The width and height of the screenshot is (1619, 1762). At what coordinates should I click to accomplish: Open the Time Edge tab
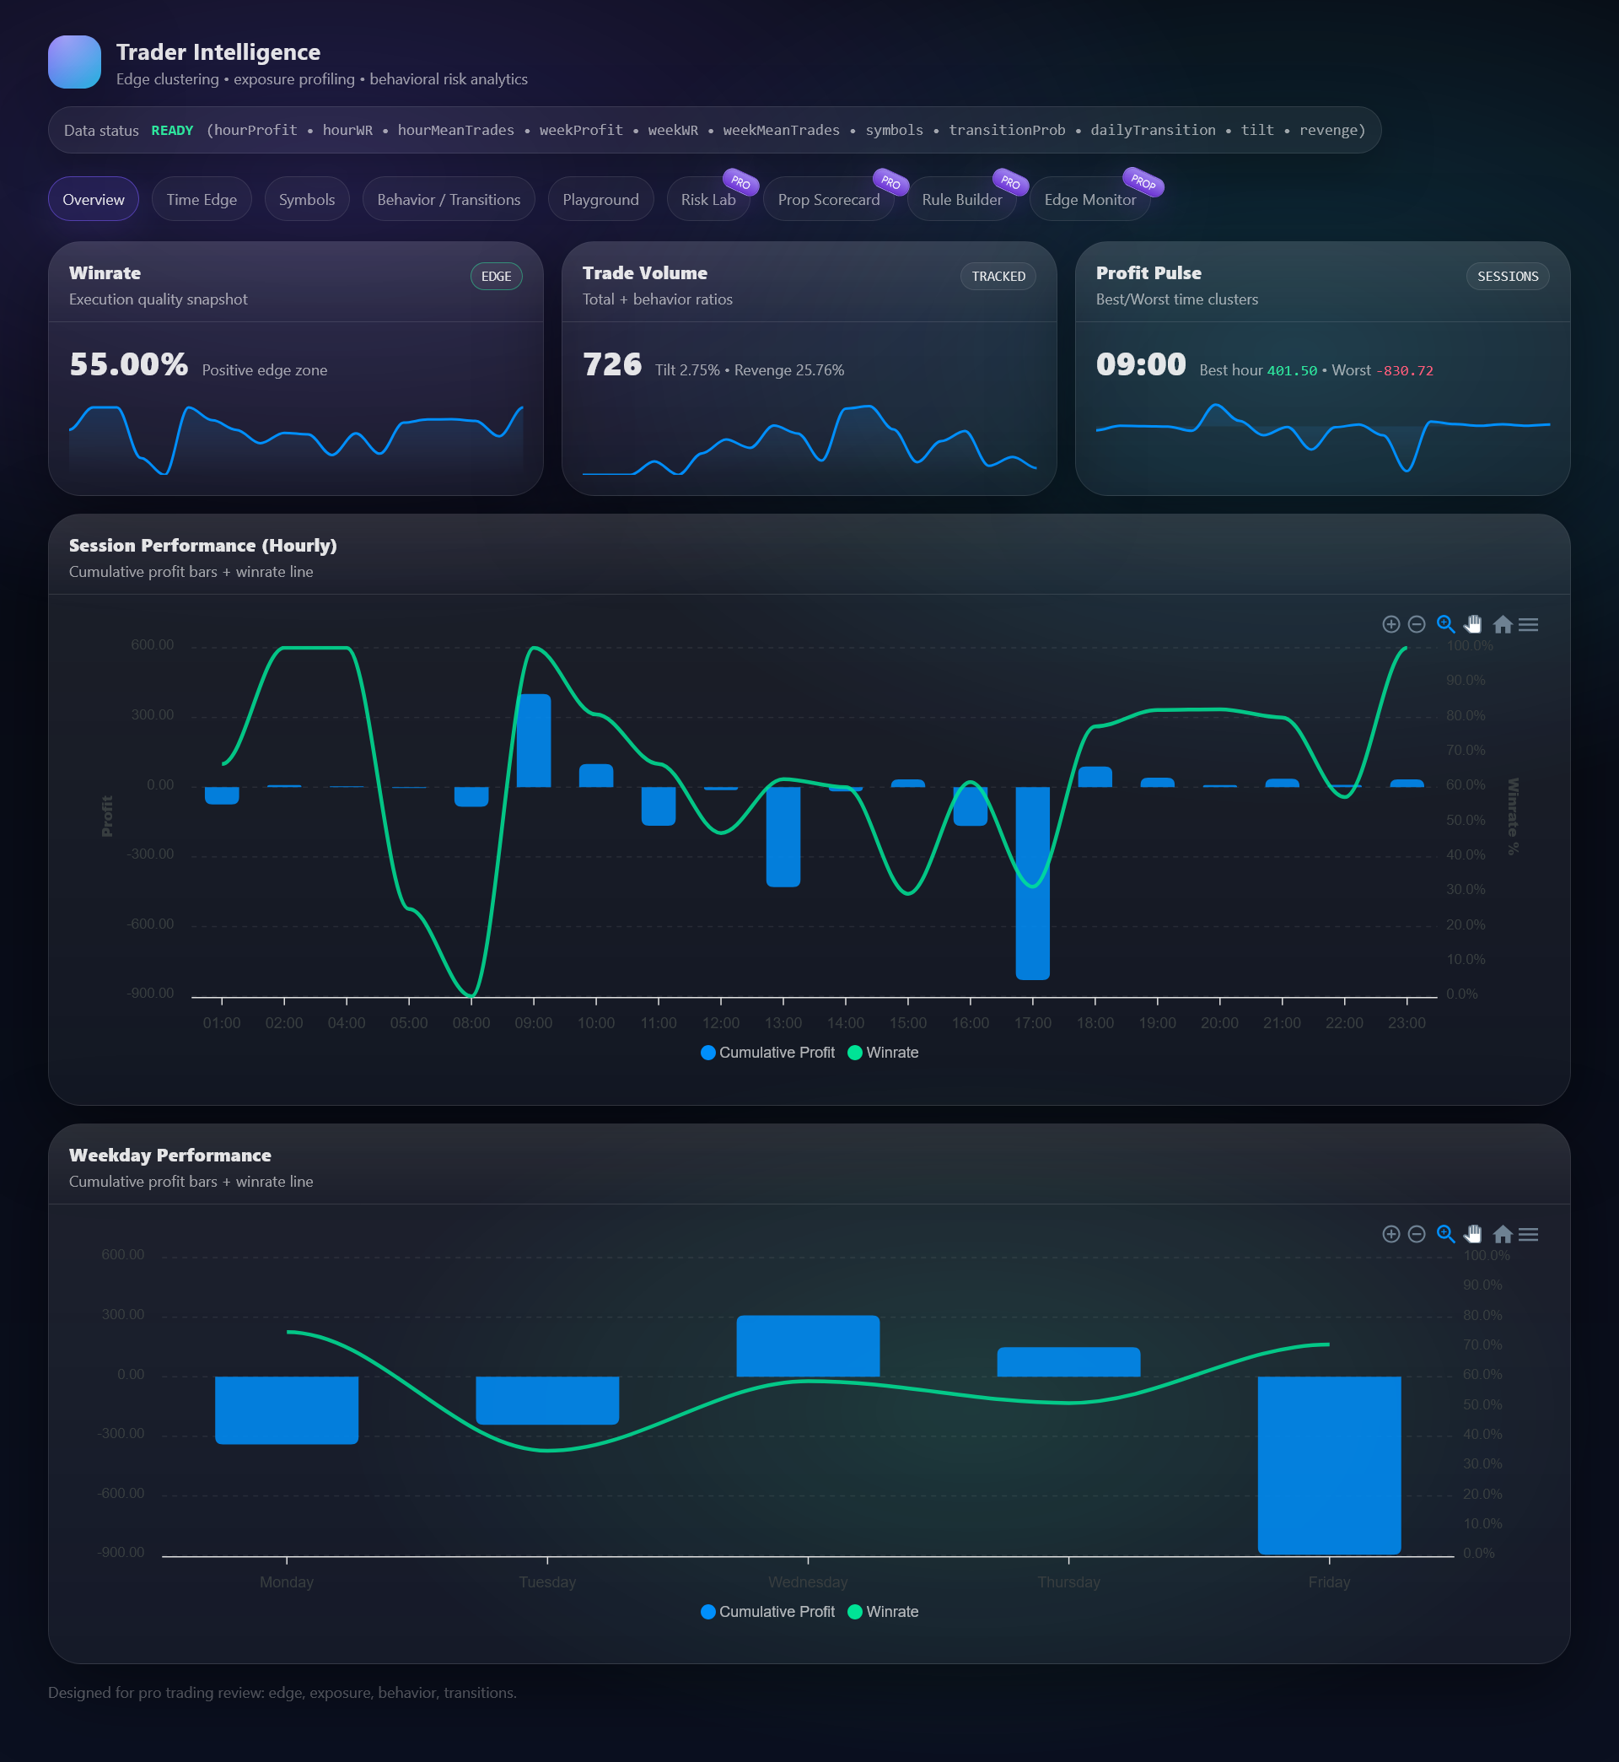click(x=202, y=199)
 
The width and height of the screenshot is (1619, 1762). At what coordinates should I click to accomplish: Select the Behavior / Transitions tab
click(x=449, y=199)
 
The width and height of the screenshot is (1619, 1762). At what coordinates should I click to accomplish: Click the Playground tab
click(x=600, y=199)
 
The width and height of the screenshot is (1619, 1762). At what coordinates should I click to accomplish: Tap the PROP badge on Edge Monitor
click(x=1143, y=181)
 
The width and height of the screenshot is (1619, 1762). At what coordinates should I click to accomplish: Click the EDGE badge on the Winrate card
click(x=496, y=276)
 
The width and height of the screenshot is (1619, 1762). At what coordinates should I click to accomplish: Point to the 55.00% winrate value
click(x=129, y=364)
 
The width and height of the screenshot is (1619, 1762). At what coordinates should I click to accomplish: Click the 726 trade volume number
click(x=612, y=364)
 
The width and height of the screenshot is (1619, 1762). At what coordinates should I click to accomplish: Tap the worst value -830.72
click(x=1404, y=370)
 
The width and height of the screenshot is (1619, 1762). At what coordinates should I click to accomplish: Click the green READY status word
click(x=172, y=131)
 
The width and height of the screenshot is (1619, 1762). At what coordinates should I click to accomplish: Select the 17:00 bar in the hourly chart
click(x=1033, y=882)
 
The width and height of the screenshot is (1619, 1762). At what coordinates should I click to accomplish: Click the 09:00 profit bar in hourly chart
click(x=534, y=741)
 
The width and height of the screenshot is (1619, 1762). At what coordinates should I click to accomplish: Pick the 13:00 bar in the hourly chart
click(x=783, y=837)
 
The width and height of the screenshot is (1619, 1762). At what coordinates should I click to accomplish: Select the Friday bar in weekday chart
click(x=1329, y=1465)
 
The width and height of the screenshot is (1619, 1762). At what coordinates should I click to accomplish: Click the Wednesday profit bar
click(x=808, y=1345)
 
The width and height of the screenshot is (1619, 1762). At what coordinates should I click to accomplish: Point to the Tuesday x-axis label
click(x=547, y=1581)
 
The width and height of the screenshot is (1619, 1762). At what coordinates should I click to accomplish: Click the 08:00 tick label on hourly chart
click(x=471, y=1022)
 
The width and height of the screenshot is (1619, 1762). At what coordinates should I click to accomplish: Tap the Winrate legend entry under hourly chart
click(x=883, y=1053)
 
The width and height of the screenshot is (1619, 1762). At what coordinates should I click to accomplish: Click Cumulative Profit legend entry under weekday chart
click(x=768, y=1611)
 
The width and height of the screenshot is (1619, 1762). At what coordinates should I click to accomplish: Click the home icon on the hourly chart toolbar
click(x=1503, y=624)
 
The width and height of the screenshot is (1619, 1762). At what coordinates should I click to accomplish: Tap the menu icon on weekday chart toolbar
click(x=1529, y=1235)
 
